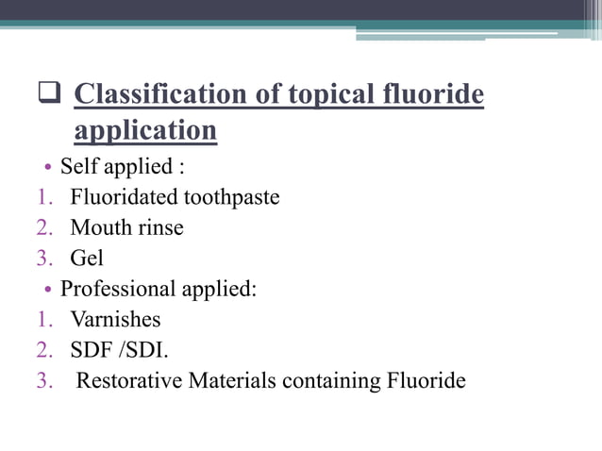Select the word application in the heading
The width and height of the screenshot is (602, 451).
point(145,130)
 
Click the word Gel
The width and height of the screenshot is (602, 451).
point(87,258)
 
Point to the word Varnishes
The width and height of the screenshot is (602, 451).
point(115,319)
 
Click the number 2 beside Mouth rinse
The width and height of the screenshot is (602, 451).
point(43,227)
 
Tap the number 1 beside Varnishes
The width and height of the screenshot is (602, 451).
point(43,319)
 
